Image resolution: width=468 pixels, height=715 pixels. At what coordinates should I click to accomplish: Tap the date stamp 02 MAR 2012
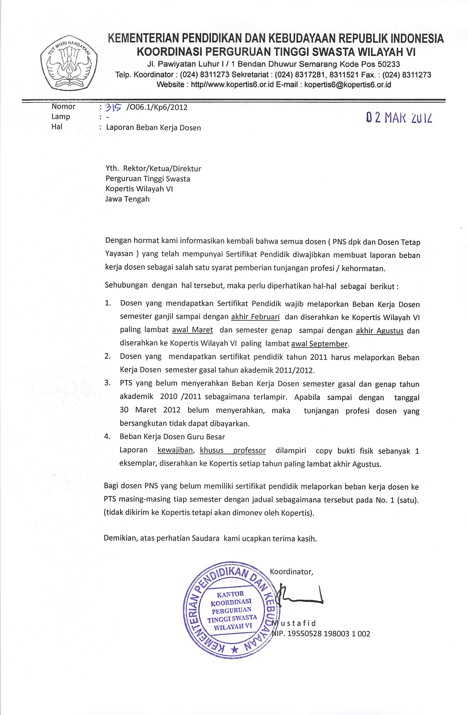[x=399, y=117]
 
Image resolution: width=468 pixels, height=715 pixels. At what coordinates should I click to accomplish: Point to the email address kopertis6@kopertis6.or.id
[x=348, y=85]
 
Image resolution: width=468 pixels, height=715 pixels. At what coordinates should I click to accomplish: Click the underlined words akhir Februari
[x=255, y=317]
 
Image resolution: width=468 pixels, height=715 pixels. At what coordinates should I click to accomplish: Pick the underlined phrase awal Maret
[x=192, y=330]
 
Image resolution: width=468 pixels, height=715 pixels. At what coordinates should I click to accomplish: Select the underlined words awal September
[x=319, y=344]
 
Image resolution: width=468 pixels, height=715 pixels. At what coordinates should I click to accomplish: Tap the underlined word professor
[x=249, y=450]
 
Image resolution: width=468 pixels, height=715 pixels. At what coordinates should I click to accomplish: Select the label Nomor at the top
[x=63, y=106]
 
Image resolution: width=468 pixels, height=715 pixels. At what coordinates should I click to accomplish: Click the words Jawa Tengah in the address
[x=127, y=199]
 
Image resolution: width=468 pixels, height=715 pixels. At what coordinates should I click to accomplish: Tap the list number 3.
[x=107, y=383]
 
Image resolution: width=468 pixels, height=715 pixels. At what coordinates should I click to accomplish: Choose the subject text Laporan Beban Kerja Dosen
[x=154, y=128]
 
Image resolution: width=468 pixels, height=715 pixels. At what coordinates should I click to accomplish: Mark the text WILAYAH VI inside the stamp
[x=232, y=627]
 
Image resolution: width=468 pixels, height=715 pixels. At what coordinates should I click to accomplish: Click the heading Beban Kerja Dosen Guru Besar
[x=172, y=436]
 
